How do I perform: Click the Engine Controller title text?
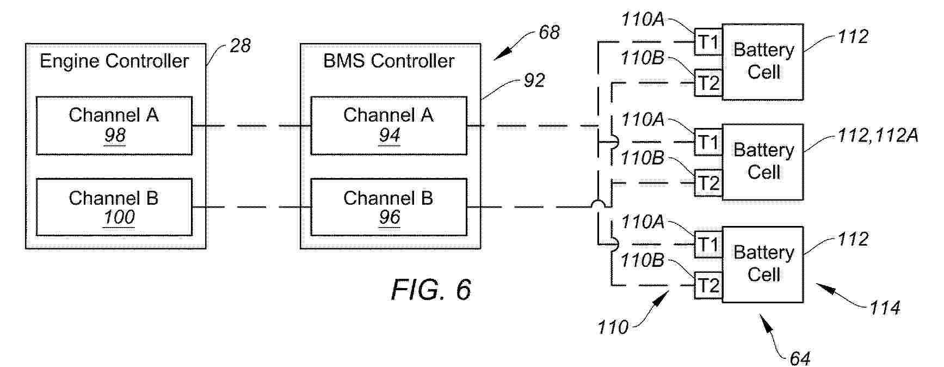114,61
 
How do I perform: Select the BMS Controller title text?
388,61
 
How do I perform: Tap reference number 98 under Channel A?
115,135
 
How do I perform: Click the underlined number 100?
119,217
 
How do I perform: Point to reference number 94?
390,135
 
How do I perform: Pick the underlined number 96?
390,217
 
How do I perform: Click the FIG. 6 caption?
431,289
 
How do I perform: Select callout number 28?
240,46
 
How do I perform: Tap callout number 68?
549,33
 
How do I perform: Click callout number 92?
534,81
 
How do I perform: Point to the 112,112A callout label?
878,135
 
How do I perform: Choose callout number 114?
885,308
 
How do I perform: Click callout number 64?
800,358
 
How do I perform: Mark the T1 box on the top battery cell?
708,42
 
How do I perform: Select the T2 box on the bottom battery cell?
708,285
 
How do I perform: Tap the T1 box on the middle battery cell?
708,143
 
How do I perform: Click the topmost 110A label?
643,20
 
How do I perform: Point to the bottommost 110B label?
642,260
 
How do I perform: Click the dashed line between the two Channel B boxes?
251,207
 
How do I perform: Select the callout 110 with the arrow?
613,327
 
